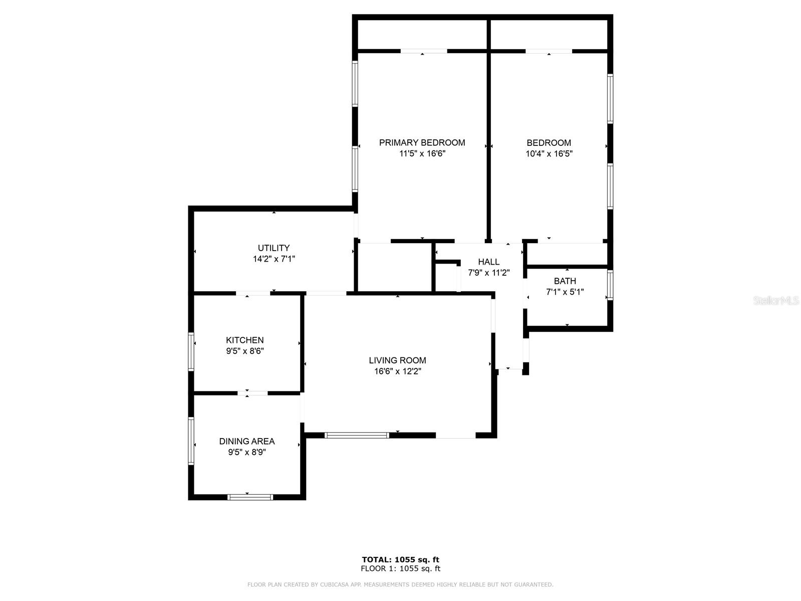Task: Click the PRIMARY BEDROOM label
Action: coord(422,142)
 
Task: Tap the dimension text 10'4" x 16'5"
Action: coord(549,154)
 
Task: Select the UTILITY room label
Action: coord(274,248)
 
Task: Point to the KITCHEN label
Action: coord(244,340)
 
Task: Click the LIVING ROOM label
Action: coord(397,360)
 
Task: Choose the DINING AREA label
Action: coord(246,441)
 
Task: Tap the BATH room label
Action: coord(565,281)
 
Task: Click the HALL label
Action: coord(488,262)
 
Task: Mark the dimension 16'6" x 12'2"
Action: coord(397,371)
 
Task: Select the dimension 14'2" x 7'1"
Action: coord(274,259)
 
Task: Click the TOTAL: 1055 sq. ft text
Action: coord(400,559)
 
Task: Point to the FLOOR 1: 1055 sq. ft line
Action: coord(400,568)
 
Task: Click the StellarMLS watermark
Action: coord(776,301)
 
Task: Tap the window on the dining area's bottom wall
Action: coord(250,497)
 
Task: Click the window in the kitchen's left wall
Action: coord(191,351)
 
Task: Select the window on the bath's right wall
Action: coord(610,285)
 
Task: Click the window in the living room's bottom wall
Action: coord(357,435)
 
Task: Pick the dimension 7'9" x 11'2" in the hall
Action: coord(488,273)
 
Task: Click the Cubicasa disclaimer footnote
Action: coord(400,584)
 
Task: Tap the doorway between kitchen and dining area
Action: coord(252,393)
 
